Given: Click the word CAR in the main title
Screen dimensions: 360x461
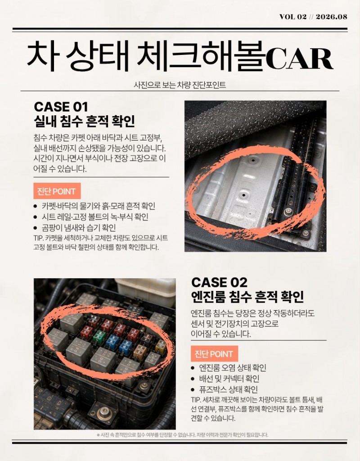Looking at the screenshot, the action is point(299,59).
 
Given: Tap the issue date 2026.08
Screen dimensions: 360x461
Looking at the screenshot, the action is point(332,17).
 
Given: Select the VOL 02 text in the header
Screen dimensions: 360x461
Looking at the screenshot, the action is point(293,17).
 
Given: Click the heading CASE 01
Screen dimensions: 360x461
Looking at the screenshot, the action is point(61,107).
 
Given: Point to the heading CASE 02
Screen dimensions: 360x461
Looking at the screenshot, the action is point(219,283).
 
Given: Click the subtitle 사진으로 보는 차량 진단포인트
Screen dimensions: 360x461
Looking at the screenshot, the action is point(180,85).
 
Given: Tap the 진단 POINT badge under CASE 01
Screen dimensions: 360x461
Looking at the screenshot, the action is point(57,191).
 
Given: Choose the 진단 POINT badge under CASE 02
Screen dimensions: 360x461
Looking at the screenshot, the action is point(214,354).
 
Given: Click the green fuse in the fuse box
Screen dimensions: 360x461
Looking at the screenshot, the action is point(99,337).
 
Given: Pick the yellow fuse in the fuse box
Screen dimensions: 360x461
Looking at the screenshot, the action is point(161,346).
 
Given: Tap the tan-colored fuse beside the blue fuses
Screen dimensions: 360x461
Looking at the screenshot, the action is point(140,351).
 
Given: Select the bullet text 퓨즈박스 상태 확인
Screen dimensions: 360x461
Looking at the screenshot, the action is point(228,389).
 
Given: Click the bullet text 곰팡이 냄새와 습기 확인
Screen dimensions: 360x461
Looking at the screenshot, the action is point(79,227).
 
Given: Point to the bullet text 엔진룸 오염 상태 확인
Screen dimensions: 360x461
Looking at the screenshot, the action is point(233,368).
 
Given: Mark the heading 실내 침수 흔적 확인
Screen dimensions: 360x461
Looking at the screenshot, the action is point(84,121).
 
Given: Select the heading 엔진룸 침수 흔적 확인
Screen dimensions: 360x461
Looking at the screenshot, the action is point(247,297).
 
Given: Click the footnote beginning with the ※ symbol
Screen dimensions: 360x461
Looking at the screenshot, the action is point(182,435).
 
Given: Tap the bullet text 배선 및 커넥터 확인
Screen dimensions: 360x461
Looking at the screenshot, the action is point(229,379).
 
